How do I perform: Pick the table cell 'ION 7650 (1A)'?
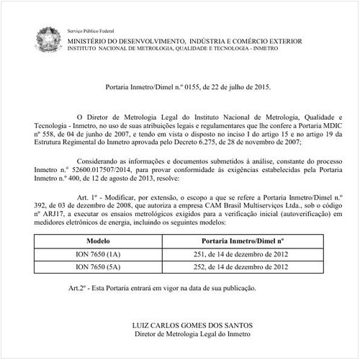coord(98,253)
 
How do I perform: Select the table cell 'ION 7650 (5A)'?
coord(98,266)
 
